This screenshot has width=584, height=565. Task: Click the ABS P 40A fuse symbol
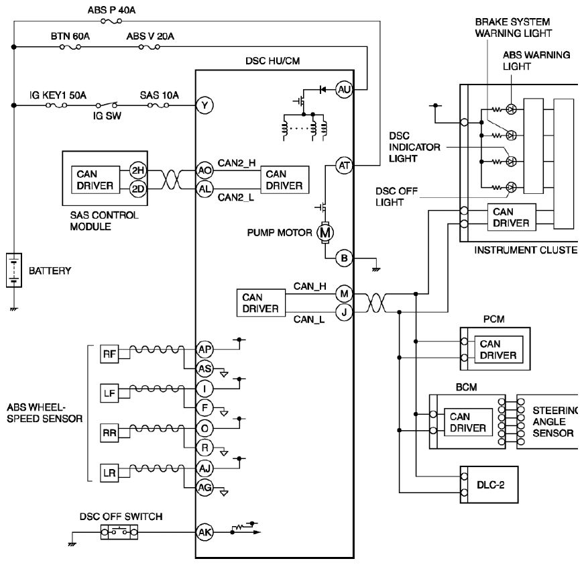111,21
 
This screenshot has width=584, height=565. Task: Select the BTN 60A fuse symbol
70,47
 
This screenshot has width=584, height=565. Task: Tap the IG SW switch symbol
107,105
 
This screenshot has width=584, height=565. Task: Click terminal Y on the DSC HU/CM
205,105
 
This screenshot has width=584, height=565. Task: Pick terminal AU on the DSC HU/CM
344,89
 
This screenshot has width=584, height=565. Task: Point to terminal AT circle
344,166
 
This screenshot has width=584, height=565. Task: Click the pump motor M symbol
325,233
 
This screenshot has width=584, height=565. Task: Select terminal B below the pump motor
344,258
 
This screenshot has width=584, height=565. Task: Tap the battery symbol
14,270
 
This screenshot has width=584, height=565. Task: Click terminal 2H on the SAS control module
138,170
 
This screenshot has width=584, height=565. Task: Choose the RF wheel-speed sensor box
109,354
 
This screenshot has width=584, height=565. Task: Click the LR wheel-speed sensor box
109,473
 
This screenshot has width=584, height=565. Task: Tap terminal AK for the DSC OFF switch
205,532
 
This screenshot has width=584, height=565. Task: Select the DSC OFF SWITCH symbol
119,532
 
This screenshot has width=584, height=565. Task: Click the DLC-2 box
489,484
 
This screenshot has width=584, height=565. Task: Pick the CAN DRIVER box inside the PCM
498,349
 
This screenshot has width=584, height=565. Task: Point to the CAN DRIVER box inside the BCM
468,422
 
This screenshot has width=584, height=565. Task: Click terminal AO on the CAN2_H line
205,170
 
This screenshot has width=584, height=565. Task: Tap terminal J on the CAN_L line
344,311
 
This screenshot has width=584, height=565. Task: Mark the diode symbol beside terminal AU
323,89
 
